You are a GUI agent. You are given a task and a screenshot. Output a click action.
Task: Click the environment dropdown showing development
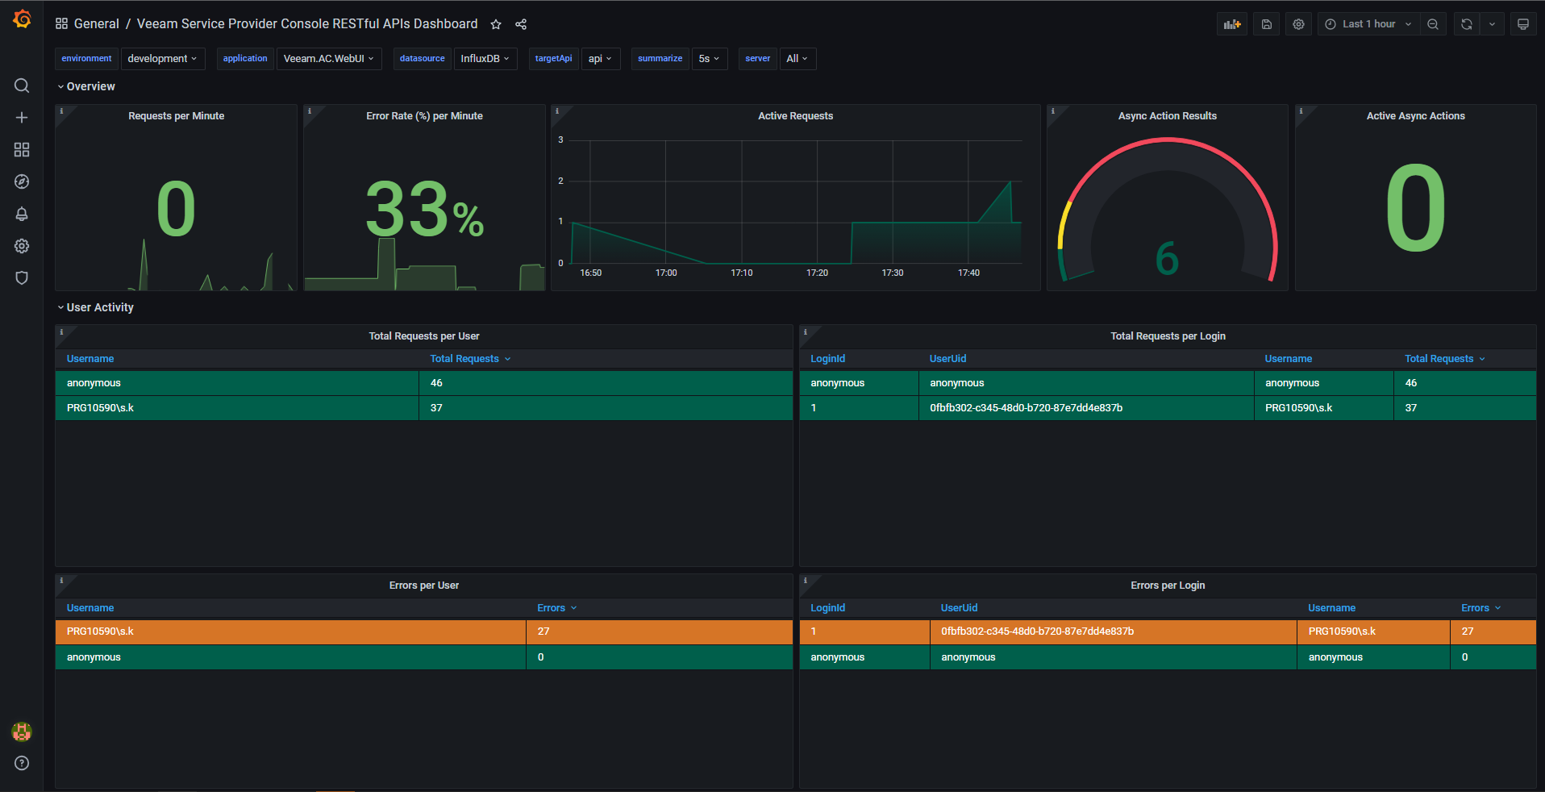pos(162,59)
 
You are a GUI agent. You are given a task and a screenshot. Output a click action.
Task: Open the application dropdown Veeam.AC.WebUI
pos(328,59)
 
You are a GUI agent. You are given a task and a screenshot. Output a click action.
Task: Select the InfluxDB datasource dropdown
pos(485,59)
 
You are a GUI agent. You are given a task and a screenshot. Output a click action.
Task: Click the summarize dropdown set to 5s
pos(709,59)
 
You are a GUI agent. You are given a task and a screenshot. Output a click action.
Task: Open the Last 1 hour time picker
pos(1368,24)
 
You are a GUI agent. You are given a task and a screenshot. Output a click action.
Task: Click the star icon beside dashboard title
pos(496,24)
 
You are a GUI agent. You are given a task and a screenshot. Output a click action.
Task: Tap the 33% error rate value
pos(424,210)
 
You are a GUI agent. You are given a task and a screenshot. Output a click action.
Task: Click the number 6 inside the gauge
pos(1167,259)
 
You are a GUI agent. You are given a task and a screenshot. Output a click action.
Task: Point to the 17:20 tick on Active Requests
pos(817,273)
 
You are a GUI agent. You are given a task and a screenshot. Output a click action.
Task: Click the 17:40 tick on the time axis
pos(968,273)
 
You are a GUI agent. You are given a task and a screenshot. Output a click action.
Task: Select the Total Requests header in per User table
pos(464,359)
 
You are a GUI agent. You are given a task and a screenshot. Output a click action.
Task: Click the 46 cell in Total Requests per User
pos(436,383)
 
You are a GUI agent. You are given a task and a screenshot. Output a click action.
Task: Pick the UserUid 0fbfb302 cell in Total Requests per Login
pos(1026,408)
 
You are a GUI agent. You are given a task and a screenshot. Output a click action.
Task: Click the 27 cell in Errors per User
pos(543,632)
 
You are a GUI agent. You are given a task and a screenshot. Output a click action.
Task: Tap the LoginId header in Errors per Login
pos(827,608)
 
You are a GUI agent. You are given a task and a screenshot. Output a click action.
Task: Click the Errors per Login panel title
pos(1167,586)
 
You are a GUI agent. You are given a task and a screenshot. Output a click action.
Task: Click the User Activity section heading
pos(100,307)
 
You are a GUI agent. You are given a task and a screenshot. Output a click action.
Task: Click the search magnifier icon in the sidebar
pos(22,85)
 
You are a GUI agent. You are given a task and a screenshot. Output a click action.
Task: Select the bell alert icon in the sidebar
pos(22,214)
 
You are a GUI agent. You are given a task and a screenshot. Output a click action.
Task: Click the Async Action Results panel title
pos(1167,116)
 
